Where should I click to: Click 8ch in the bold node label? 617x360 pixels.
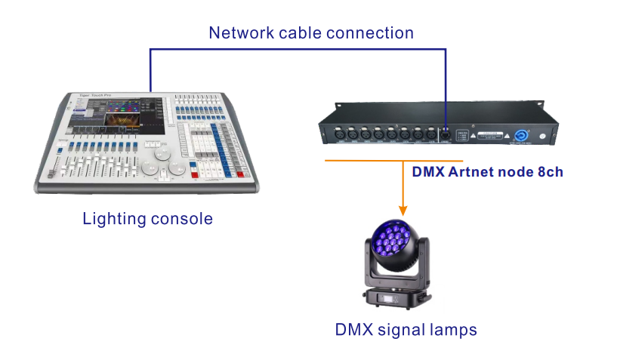[547, 171]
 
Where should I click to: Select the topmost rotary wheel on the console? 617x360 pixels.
[163, 154]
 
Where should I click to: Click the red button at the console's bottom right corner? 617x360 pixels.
[237, 175]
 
